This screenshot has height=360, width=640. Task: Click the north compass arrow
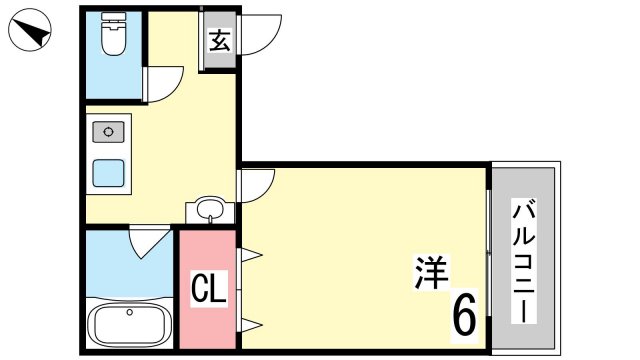(x=33, y=32)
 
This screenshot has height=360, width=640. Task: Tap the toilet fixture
(x=113, y=35)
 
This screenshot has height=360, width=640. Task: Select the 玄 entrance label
(x=220, y=40)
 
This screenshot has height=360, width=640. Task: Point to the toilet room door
(x=162, y=84)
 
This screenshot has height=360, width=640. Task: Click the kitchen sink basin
(x=108, y=132)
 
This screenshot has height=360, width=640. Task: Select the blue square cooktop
(x=108, y=173)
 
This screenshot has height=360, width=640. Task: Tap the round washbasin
(x=210, y=209)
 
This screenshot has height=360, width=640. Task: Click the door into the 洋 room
(x=256, y=186)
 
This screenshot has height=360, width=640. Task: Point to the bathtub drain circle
(x=130, y=312)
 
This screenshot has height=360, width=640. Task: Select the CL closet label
(x=209, y=288)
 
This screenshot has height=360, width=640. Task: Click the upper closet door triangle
(x=250, y=256)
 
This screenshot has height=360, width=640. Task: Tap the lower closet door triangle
(x=250, y=325)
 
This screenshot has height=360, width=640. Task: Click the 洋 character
(x=431, y=272)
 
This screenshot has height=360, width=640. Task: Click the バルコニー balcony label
(x=524, y=260)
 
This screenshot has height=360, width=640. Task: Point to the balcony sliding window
(x=489, y=253)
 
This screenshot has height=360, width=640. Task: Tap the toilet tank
(x=113, y=18)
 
